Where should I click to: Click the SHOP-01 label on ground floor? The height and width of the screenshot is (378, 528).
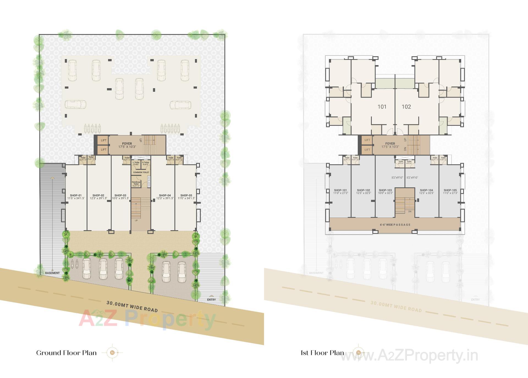[76, 196]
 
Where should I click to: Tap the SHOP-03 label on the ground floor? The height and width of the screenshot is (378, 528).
[120, 196]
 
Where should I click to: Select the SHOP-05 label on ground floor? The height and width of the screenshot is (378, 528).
[186, 196]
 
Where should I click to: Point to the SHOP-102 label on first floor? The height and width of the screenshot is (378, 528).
[363, 190]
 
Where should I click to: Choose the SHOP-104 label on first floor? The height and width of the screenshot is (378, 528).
[426, 190]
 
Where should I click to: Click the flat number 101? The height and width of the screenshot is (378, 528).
[382, 107]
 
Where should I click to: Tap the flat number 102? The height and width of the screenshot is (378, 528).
[406, 107]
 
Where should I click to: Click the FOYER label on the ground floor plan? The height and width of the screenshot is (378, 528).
[127, 144]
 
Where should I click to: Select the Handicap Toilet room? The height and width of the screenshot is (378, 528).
[136, 184]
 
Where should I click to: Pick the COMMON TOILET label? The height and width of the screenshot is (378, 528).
[141, 173]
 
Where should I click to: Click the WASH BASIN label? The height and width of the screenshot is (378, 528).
[149, 182]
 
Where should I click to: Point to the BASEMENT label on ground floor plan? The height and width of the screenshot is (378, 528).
[52, 273]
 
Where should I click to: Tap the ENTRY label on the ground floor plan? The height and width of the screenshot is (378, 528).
[211, 300]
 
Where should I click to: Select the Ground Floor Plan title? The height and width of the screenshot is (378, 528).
[66, 353]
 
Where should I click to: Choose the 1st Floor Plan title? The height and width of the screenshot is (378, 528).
[322, 353]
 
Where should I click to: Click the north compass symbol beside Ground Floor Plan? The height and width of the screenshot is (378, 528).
[112, 352]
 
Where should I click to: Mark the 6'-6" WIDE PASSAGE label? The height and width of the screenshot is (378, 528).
[395, 225]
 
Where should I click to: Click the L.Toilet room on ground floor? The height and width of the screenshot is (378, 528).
[136, 163]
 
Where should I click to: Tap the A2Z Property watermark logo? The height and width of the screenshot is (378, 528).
[147, 319]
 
